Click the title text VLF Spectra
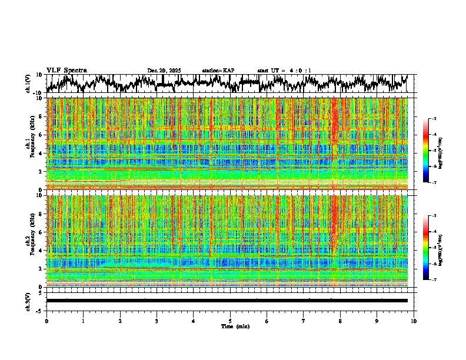66,70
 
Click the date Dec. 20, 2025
164,71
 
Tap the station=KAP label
218,71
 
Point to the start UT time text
284,71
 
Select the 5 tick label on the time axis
230,321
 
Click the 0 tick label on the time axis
46,321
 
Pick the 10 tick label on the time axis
414,321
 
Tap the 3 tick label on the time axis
157,321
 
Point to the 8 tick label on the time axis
340,321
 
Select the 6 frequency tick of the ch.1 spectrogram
42,135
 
